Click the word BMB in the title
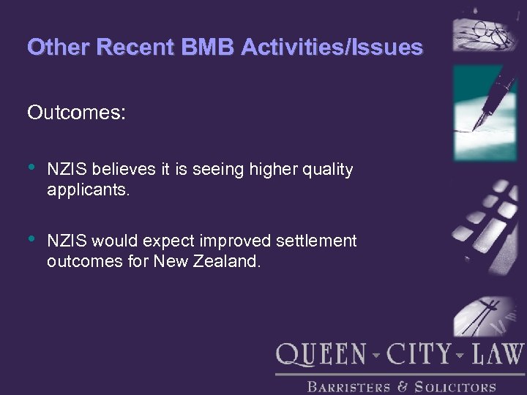214,48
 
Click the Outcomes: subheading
77,113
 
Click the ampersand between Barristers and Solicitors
402,386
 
